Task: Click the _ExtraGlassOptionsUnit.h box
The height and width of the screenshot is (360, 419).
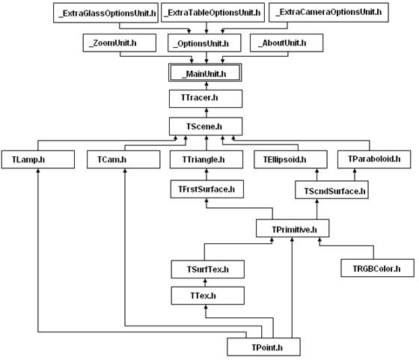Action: click(x=105, y=13)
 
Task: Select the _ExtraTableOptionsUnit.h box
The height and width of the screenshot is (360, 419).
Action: click(x=212, y=13)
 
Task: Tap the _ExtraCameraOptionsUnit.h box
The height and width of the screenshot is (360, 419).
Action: click(x=328, y=12)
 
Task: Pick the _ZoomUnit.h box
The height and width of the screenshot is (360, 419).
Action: click(x=120, y=43)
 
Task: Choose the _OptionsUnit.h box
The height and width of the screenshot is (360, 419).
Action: click(x=204, y=43)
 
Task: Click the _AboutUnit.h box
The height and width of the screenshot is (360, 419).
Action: click(x=287, y=43)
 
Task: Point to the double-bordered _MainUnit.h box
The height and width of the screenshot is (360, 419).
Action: click(x=205, y=73)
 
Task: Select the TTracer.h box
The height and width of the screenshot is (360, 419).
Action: click(x=206, y=99)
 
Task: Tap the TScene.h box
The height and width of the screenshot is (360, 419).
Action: click(x=206, y=126)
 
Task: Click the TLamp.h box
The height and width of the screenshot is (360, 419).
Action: click(x=38, y=159)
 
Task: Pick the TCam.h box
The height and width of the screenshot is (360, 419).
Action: click(x=123, y=159)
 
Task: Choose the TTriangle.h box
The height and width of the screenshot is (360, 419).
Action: click(x=207, y=159)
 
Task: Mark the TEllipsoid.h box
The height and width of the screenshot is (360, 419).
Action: click(x=290, y=159)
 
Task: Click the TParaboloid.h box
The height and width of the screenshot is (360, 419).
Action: click(x=374, y=159)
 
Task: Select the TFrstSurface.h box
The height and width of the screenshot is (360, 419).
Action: click(x=207, y=189)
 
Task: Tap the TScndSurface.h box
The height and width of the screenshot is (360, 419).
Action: click(x=331, y=190)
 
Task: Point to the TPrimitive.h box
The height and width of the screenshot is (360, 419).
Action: click(x=293, y=228)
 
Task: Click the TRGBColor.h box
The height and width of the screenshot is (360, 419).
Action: click(x=377, y=268)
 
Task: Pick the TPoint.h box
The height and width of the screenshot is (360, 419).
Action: click(x=263, y=347)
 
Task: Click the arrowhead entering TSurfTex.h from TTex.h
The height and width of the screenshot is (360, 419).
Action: click(x=205, y=281)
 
